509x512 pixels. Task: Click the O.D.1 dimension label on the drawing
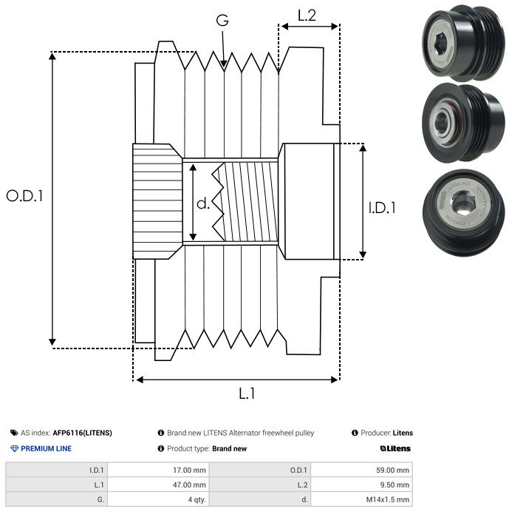(24, 196)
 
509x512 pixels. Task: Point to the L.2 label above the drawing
(307, 16)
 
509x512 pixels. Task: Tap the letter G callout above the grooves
(222, 20)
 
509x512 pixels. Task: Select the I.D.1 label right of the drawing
(382, 208)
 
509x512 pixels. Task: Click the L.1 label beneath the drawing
(247, 394)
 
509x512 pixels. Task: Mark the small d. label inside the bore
(203, 203)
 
